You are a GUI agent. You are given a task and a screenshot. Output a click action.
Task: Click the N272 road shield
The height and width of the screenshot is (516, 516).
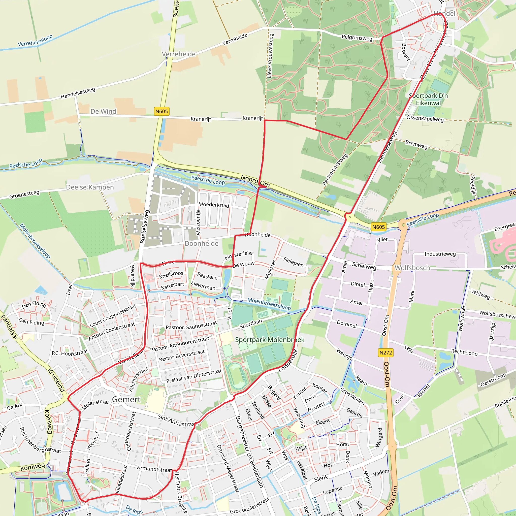[x=386, y=352]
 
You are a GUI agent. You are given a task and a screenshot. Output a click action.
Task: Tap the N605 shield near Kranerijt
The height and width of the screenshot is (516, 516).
[x=161, y=111]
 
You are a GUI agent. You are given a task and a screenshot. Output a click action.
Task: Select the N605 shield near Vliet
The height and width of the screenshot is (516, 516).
[x=378, y=227]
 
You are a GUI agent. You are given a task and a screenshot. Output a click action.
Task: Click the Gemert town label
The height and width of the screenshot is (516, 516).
[x=126, y=400]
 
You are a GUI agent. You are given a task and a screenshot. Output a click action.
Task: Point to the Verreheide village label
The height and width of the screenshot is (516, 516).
[x=179, y=54]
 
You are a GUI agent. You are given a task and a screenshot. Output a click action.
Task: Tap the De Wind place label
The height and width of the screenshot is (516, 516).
[x=103, y=111]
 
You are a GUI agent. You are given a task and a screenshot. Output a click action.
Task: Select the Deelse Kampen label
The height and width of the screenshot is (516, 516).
[x=90, y=187]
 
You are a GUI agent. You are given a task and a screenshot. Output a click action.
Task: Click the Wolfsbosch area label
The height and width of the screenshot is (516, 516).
[x=412, y=268]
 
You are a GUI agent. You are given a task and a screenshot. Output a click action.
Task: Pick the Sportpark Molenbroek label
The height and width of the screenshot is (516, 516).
[x=270, y=340]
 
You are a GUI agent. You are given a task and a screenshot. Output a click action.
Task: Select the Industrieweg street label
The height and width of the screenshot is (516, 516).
[x=440, y=254]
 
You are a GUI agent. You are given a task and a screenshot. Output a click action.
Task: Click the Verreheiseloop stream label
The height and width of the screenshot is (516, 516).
[x=35, y=41]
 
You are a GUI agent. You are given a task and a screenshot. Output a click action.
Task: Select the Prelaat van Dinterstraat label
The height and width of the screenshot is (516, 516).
[x=194, y=376]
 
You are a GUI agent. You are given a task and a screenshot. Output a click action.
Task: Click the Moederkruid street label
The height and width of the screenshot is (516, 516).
[x=214, y=205]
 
